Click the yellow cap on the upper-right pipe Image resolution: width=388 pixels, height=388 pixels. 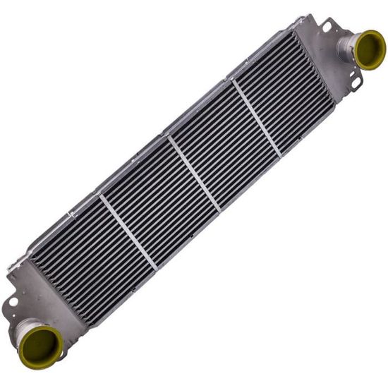(x=370, y=49)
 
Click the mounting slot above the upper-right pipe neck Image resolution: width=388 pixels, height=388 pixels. (x=327, y=27)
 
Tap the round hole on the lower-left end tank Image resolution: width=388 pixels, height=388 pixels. (x=13, y=301)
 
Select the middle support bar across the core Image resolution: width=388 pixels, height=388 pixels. (x=193, y=174)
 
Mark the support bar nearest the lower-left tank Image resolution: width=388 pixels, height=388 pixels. (x=128, y=231)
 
